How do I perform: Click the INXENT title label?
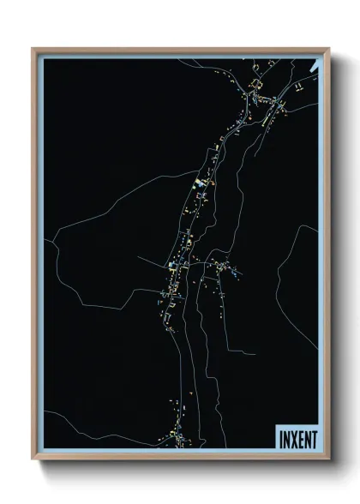coord(297,438)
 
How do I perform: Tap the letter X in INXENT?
coord(293,438)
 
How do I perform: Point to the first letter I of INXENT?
coord(279,438)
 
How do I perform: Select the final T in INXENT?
coord(314,438)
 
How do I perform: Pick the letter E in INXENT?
coord(300,438)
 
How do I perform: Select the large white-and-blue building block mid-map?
coord(199,183)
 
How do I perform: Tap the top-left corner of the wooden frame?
coord(33,49)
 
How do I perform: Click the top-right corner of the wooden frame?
coord(327,49)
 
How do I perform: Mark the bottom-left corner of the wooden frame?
coord(33,460)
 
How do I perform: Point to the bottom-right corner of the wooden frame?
coord(327,460)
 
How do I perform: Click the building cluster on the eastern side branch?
coord(225,269)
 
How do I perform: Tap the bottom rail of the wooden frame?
coord(180,458)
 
